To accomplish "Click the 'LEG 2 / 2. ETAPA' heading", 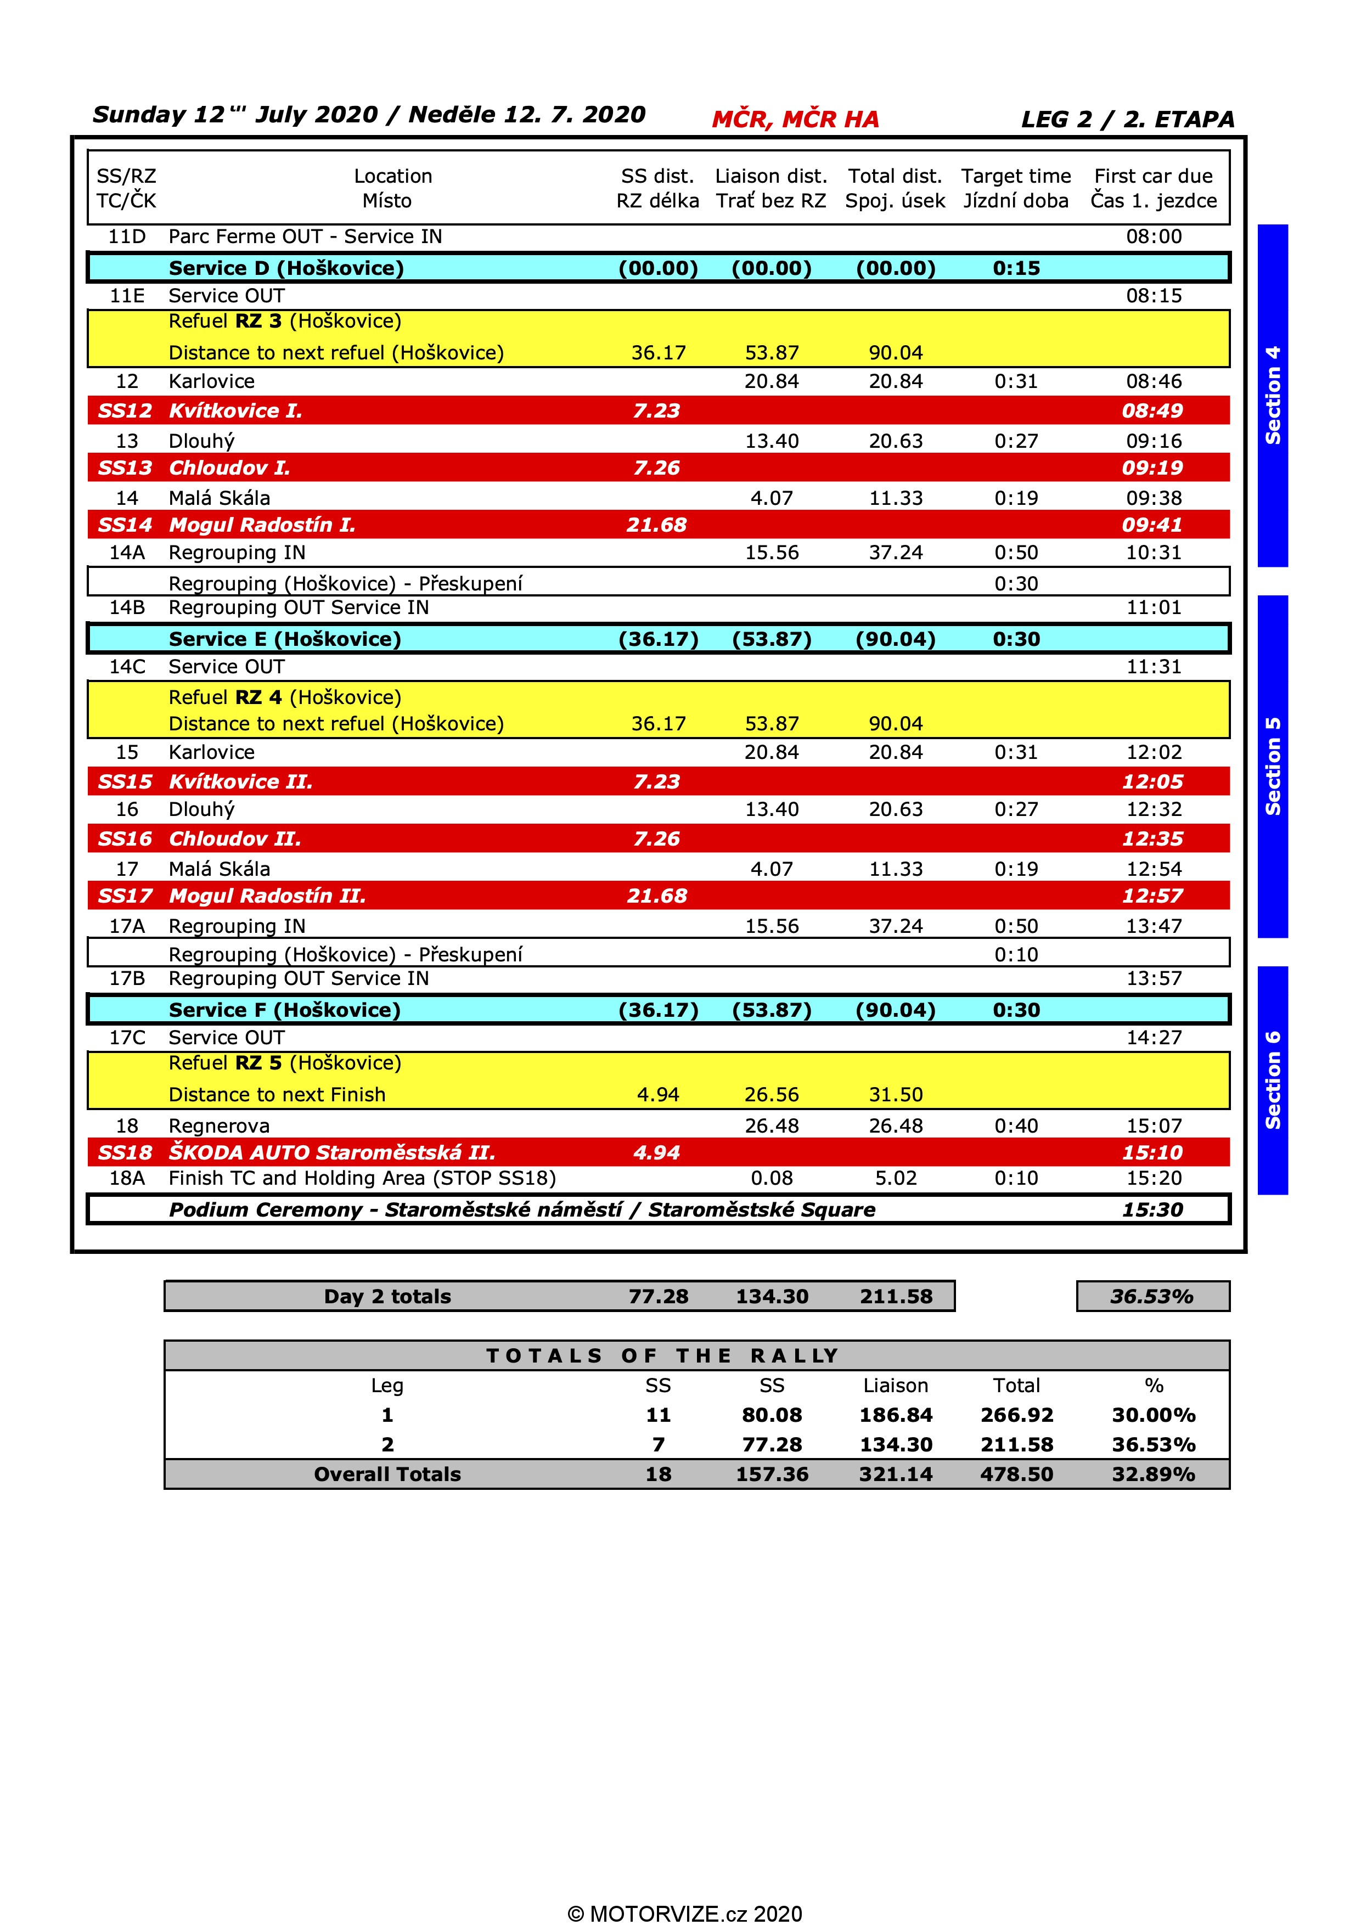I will (1127, 119).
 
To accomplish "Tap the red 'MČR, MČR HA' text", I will (795, 119).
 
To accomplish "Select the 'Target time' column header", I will (1015, 176).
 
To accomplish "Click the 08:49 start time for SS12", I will (1152, 411).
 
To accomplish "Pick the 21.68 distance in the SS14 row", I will (656, 525).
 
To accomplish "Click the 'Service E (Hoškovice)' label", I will (285, 639).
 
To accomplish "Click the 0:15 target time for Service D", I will (1015, 268).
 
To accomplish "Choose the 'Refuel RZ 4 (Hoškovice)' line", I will (285, 697).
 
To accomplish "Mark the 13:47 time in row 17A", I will (1153, 926).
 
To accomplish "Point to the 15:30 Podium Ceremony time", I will (1152, 1210).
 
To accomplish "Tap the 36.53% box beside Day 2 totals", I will (1152, 1296).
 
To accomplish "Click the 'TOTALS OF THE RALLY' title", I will (662, 1356).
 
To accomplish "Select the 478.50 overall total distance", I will (1016, 1474).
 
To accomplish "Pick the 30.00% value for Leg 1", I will (1153, 1415).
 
